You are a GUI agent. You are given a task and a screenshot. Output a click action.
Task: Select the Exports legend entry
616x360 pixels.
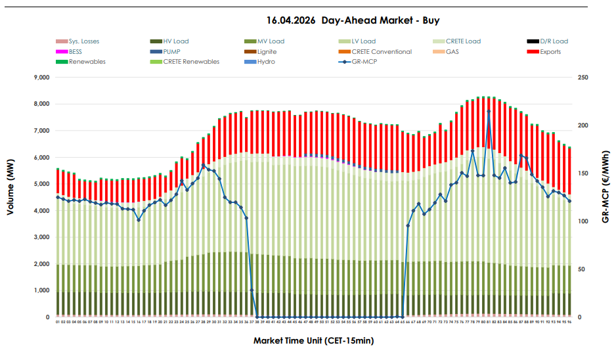click(550, 52)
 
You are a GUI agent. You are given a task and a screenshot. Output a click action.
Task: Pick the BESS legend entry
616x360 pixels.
click(75, 52)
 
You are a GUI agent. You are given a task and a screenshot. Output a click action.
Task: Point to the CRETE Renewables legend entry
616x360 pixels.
click(191, 62)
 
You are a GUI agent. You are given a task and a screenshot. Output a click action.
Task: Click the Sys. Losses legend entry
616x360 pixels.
click(83, 41)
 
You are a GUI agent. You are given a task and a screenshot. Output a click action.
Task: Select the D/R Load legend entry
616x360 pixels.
click(554, 41)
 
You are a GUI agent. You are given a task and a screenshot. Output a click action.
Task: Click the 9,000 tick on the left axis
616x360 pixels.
click(41, 78)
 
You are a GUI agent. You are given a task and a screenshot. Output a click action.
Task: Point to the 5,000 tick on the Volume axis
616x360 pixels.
click(41, 185)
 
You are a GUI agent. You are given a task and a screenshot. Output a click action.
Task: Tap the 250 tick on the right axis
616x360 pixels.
click(583, 78)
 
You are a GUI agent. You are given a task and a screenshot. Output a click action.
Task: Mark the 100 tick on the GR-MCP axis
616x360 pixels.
click(583, 221)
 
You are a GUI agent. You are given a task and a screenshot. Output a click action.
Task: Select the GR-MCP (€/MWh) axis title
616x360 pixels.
click(604, 186)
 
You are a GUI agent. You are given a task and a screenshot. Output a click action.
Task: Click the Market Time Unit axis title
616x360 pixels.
click(313, 341)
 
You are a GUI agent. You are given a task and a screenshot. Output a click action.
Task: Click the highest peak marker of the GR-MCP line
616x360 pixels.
click(488, 112)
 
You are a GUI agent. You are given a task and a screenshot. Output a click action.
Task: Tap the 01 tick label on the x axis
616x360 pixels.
click(58, 323)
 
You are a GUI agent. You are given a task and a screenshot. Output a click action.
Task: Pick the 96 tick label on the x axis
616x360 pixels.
click(569, 323)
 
